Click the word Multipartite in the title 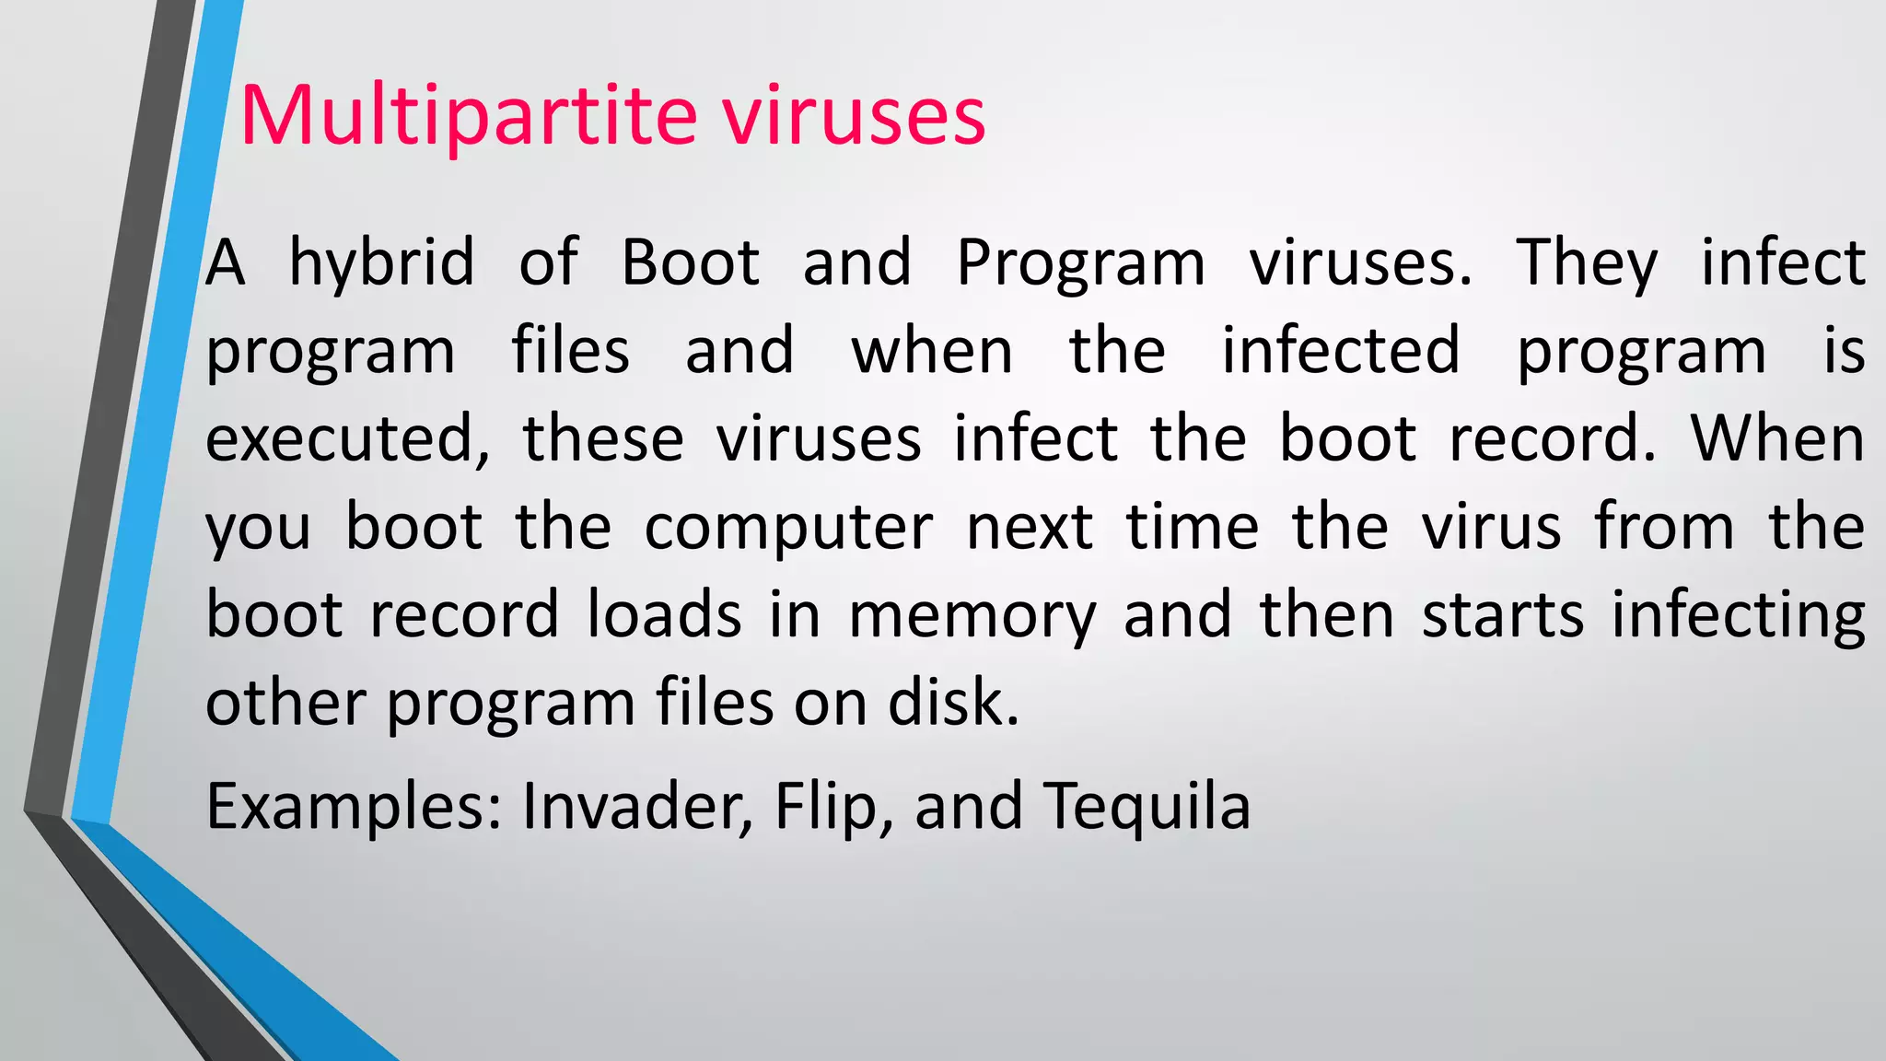pyautogui.click(x=469, y=117)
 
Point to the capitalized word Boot pyautogui.click(x=691, y=263)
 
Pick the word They pyautogui.click(x=1586, y=265)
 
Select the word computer pyautogui.click(x=788, y=529)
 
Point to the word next pyautogui.click(x=1030, y=529)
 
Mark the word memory pyautogui.click(x=972, y=617)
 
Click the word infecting pyautogui.click(x=1738, y=617)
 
